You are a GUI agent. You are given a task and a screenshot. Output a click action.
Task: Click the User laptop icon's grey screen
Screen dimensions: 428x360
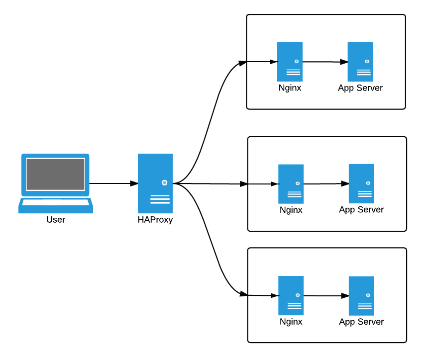tap(55, 174)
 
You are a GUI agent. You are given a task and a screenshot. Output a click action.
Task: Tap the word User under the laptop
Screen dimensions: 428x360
tap(56, 220)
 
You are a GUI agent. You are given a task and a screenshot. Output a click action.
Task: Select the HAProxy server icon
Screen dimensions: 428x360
tap(155, 183)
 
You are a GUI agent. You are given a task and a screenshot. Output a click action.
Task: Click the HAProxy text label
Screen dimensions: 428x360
tap(155, 220)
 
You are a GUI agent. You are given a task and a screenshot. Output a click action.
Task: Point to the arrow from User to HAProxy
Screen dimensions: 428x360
tap(113, 183)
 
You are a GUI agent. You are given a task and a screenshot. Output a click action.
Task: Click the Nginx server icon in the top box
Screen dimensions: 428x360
tap(290, 62)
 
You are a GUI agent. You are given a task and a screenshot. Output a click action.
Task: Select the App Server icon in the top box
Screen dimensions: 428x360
tap(360, 62)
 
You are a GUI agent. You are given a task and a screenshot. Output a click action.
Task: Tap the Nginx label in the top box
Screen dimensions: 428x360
tap(290, 88)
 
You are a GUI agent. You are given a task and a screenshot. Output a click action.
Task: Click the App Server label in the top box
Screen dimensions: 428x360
tap(360, 88)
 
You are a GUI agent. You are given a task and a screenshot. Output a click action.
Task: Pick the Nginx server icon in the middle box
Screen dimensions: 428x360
tap(291, 184)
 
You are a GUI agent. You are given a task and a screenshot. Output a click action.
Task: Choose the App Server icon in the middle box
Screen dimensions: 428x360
tap(361, 183)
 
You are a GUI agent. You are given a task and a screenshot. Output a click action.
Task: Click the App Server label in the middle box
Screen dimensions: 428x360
tap(361, 210)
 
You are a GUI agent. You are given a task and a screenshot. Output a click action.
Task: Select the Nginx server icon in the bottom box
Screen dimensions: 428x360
tap(291, 296)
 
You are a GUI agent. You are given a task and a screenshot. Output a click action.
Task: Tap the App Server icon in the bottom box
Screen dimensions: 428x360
tap(361, 296)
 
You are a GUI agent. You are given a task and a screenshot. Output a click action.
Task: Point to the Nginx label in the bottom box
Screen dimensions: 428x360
tap(291, 322)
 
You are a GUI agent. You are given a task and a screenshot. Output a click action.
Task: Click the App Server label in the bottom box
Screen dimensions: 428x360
tap(361, 322)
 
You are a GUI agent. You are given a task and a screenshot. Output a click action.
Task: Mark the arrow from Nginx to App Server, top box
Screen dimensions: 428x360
tap(325, 62)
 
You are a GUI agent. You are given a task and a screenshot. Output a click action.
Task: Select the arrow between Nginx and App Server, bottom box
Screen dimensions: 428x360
tap(326, 296)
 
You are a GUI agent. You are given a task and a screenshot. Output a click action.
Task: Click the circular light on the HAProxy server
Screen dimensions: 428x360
tap(164, 182)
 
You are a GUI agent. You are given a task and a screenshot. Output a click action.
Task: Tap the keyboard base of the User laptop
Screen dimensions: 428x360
tap(56, 206)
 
